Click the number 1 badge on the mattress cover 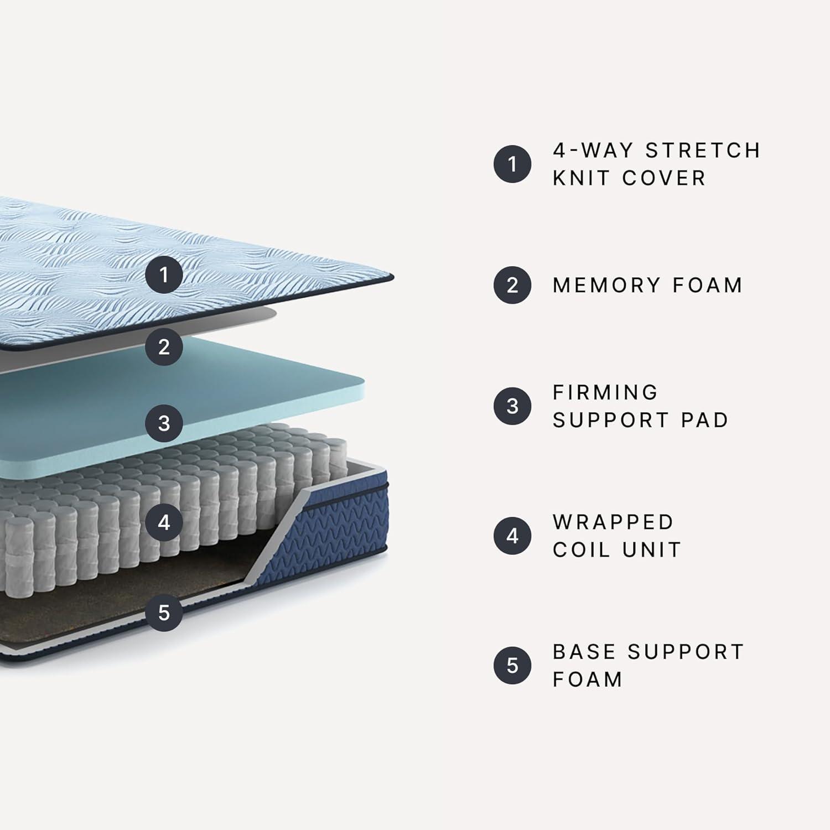point(164,274)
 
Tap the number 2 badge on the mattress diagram point(164,346)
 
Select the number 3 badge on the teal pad point(164,423)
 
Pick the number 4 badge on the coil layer point(164,522)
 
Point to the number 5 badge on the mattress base point(164,613)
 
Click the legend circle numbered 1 point(512,164)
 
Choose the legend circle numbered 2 point(512,285)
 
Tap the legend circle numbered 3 point(512,406)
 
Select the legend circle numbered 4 point(512,536)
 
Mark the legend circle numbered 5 point(512,665)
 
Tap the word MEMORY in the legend point(606,285)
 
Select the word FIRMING point(605,392)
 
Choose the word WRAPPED point(613,522)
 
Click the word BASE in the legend point(583,652)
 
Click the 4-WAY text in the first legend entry point(593,151)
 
